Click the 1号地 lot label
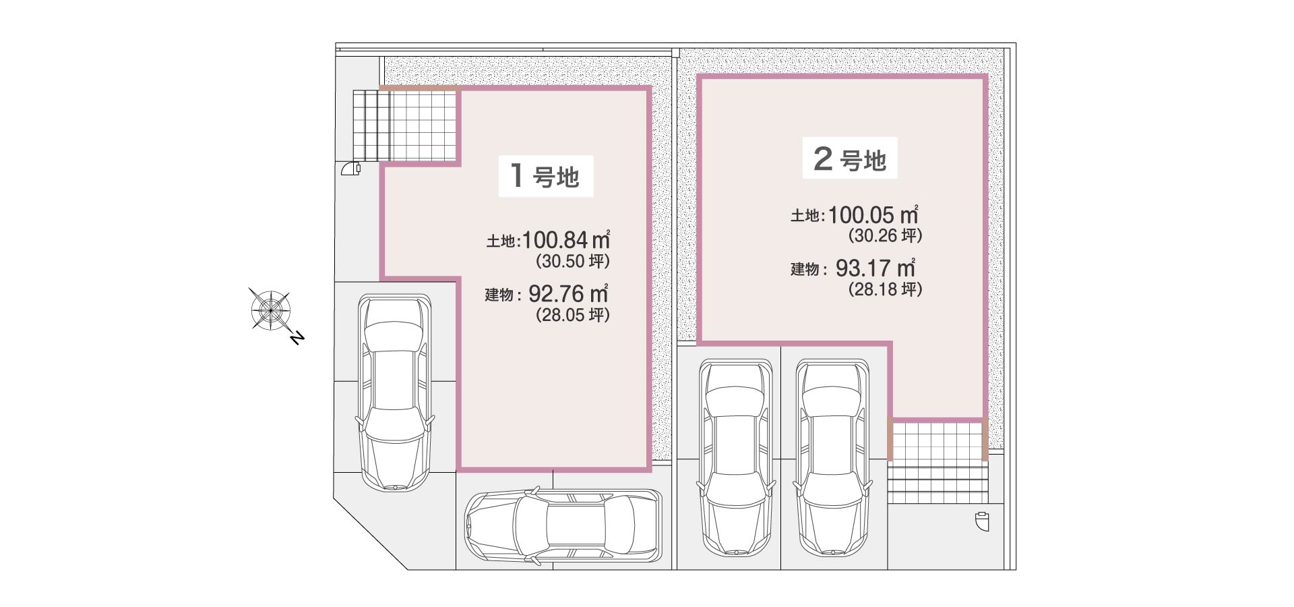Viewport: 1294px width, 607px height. pyautogui.click(x=545, y=176)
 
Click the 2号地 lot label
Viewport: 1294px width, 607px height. pyautogui.click(x=849, y=158)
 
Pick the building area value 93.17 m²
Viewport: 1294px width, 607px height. pyautogui.click(x=875, y=268)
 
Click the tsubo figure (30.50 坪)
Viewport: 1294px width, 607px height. pyautogui.click(x=572, y=261)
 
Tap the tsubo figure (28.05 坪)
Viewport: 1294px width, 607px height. pyautogui.click(x=572, y=315)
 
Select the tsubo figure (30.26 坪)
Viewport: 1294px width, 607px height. pyautogui.click(x=885, y=235)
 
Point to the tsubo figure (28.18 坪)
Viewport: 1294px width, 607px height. pyautogui.click(x=885, y=289)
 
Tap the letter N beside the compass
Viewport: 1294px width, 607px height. pyautogui.click(x=297, y=337)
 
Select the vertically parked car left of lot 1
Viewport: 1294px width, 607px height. pyautogui.click(x=394, y=393)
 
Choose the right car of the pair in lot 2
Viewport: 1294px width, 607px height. pyautogui.click(x=832, y=457)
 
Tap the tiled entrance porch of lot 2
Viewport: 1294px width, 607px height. pyautogui.click(x=937, y=441)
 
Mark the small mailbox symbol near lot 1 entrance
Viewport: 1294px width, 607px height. pyautogui.click(x=352, y=168)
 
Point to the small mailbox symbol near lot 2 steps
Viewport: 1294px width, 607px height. pyautogui.click(x=983, y=522)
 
